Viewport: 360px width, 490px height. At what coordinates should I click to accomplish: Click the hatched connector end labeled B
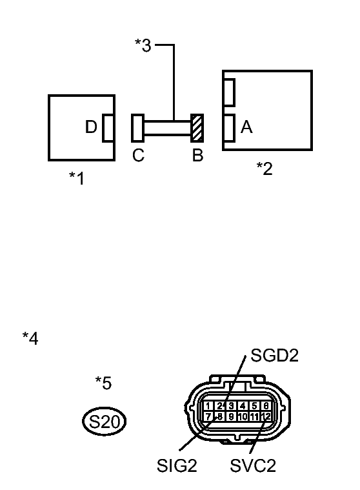[x=197, y=127]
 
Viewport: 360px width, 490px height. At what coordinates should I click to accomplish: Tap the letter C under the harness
[x=138, y=156]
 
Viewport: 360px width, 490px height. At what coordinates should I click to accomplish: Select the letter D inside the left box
[x=91, y=127]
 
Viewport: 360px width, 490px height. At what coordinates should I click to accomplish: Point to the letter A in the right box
[x=246, y=127]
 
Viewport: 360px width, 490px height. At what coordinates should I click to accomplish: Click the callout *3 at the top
[x=143, y=46]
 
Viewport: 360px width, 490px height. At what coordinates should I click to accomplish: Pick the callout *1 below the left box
[x=77, y=178]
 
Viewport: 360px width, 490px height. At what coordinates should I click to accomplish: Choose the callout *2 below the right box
[x=265, y=168]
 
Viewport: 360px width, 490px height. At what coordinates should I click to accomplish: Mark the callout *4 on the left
[x=30, y=338]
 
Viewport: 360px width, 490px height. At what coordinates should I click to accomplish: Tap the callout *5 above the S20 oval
[x=103, y=383]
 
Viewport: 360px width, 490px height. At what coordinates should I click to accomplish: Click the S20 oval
[x=105, y=422]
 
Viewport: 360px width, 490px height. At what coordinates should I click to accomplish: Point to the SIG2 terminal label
[x=176, y=465]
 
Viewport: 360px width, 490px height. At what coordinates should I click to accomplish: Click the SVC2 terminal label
[x=253, y=465]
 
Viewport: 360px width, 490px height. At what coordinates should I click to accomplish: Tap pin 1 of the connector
[x=208, y=406]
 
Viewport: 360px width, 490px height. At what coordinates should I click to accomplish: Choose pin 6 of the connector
[x=266, y=406]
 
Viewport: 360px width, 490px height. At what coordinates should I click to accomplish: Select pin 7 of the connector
[x=208, y=417]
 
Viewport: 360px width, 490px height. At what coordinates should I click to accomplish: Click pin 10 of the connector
[x=243, y=417]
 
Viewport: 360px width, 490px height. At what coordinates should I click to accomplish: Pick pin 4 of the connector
[x=243, y=406]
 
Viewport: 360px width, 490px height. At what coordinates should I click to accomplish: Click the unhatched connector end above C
[x=137, y=127]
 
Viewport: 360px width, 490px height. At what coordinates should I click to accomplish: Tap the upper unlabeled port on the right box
[x=228, y=91]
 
